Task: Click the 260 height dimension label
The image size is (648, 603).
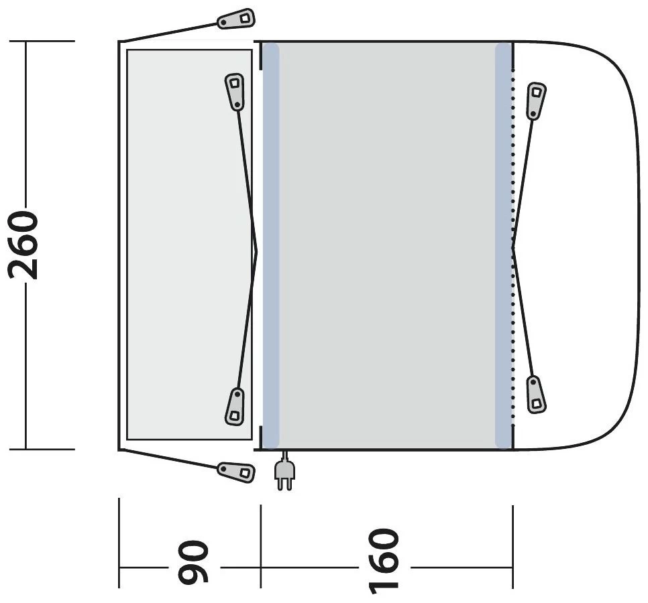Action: (x=23, y=245)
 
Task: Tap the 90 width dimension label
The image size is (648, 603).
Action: (x=194, y=563)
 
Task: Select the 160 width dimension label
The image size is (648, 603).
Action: (x=384, y=561)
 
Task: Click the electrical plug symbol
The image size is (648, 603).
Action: (x=284, y=471)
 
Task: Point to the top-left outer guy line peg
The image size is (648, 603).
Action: (x=236, y=19)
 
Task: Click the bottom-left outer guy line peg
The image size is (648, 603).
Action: (x=236, y=472)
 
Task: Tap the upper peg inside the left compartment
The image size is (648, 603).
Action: (x=235, y=92)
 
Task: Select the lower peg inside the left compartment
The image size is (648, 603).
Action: (x=235, y=406)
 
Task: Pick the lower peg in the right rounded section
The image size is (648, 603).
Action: (x=536, y=395)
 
